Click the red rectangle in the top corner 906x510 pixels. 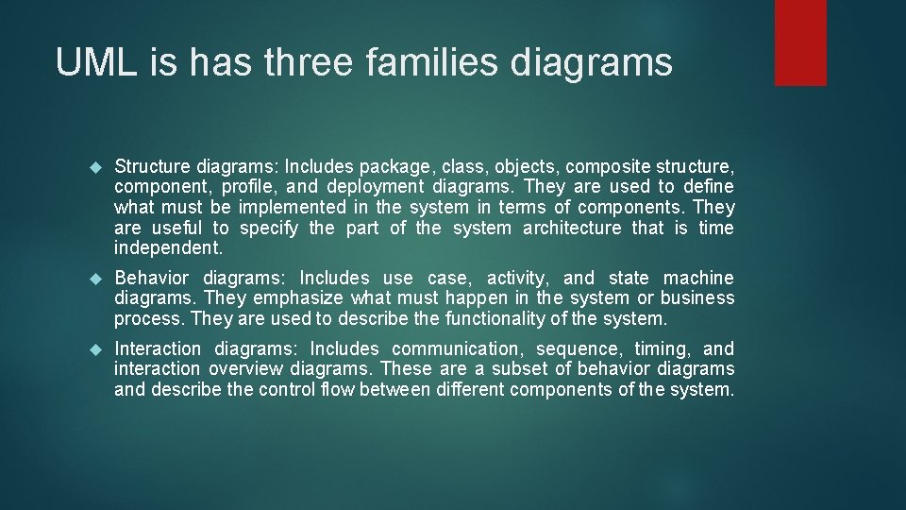[800, 42]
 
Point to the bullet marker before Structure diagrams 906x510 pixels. [93, 166]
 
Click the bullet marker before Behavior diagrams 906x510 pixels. [93, 279]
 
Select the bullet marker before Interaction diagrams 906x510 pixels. [93, 349]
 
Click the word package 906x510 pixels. [414, 165]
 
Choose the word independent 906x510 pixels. [168, 248]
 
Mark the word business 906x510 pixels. [697, 298]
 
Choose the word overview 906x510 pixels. [248, 369]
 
